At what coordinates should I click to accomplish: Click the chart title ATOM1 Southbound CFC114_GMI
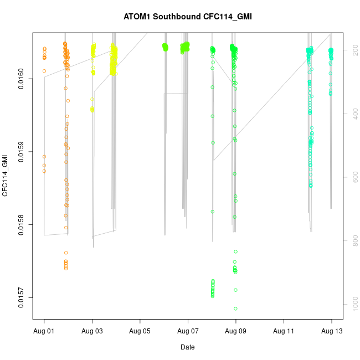[188, 17]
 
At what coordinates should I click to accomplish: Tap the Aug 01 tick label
[44, 331]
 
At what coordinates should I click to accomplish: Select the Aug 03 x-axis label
[92, 331]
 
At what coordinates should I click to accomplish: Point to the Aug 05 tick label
[140, 331]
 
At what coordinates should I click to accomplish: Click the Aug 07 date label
[188, 331]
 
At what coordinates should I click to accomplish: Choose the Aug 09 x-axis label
[236, 331]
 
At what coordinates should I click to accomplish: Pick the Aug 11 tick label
[284, 331]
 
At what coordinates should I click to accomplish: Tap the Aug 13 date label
[332, 331]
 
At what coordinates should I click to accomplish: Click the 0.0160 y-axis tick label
[22, 79]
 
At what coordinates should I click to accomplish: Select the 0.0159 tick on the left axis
[22, 152]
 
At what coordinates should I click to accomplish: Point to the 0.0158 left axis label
[22, 224]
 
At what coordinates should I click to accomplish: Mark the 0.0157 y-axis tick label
[22, 297]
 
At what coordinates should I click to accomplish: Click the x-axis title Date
[188, 347]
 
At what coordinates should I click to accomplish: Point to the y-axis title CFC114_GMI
[6, 176]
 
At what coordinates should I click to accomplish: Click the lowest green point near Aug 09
[235, 308]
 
